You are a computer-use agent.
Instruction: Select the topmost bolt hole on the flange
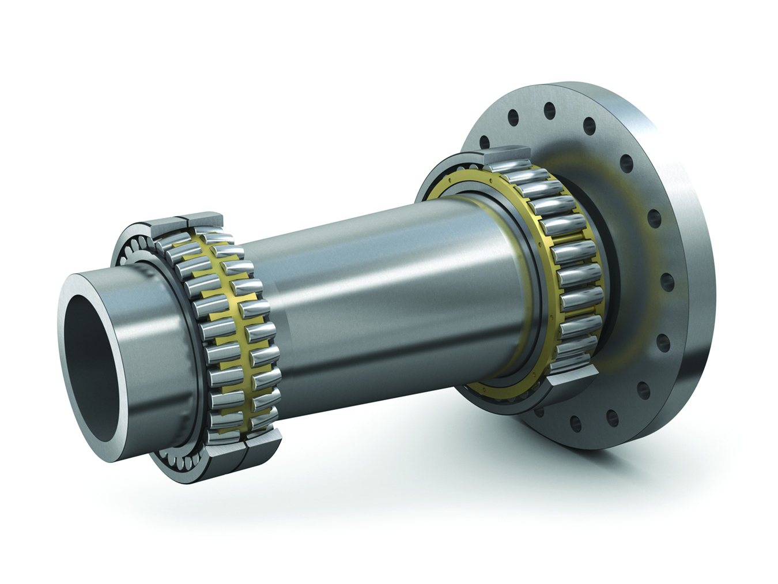click(547, 108)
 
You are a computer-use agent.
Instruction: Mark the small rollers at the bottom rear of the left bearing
click(179, 455)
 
